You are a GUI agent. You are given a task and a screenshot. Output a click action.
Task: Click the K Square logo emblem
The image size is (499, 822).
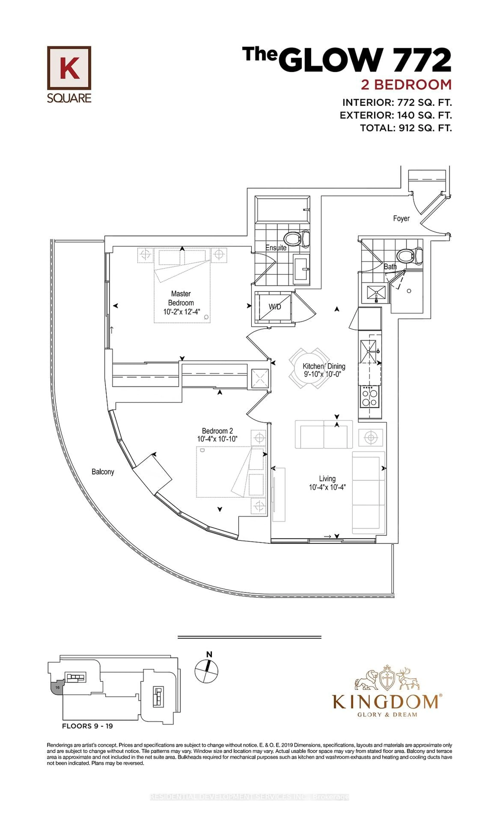click(69, 68)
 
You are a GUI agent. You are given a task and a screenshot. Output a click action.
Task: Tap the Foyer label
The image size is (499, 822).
click(401, 219)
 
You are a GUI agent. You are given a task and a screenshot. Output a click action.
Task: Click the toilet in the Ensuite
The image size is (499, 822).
click(297, 239)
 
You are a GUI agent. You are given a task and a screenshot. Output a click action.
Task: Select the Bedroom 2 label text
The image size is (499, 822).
click(217, 431)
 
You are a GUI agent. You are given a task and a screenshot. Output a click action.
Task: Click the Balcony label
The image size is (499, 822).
click(103, 472)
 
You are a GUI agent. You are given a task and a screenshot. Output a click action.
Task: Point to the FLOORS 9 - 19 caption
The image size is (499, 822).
click(87, 726)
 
